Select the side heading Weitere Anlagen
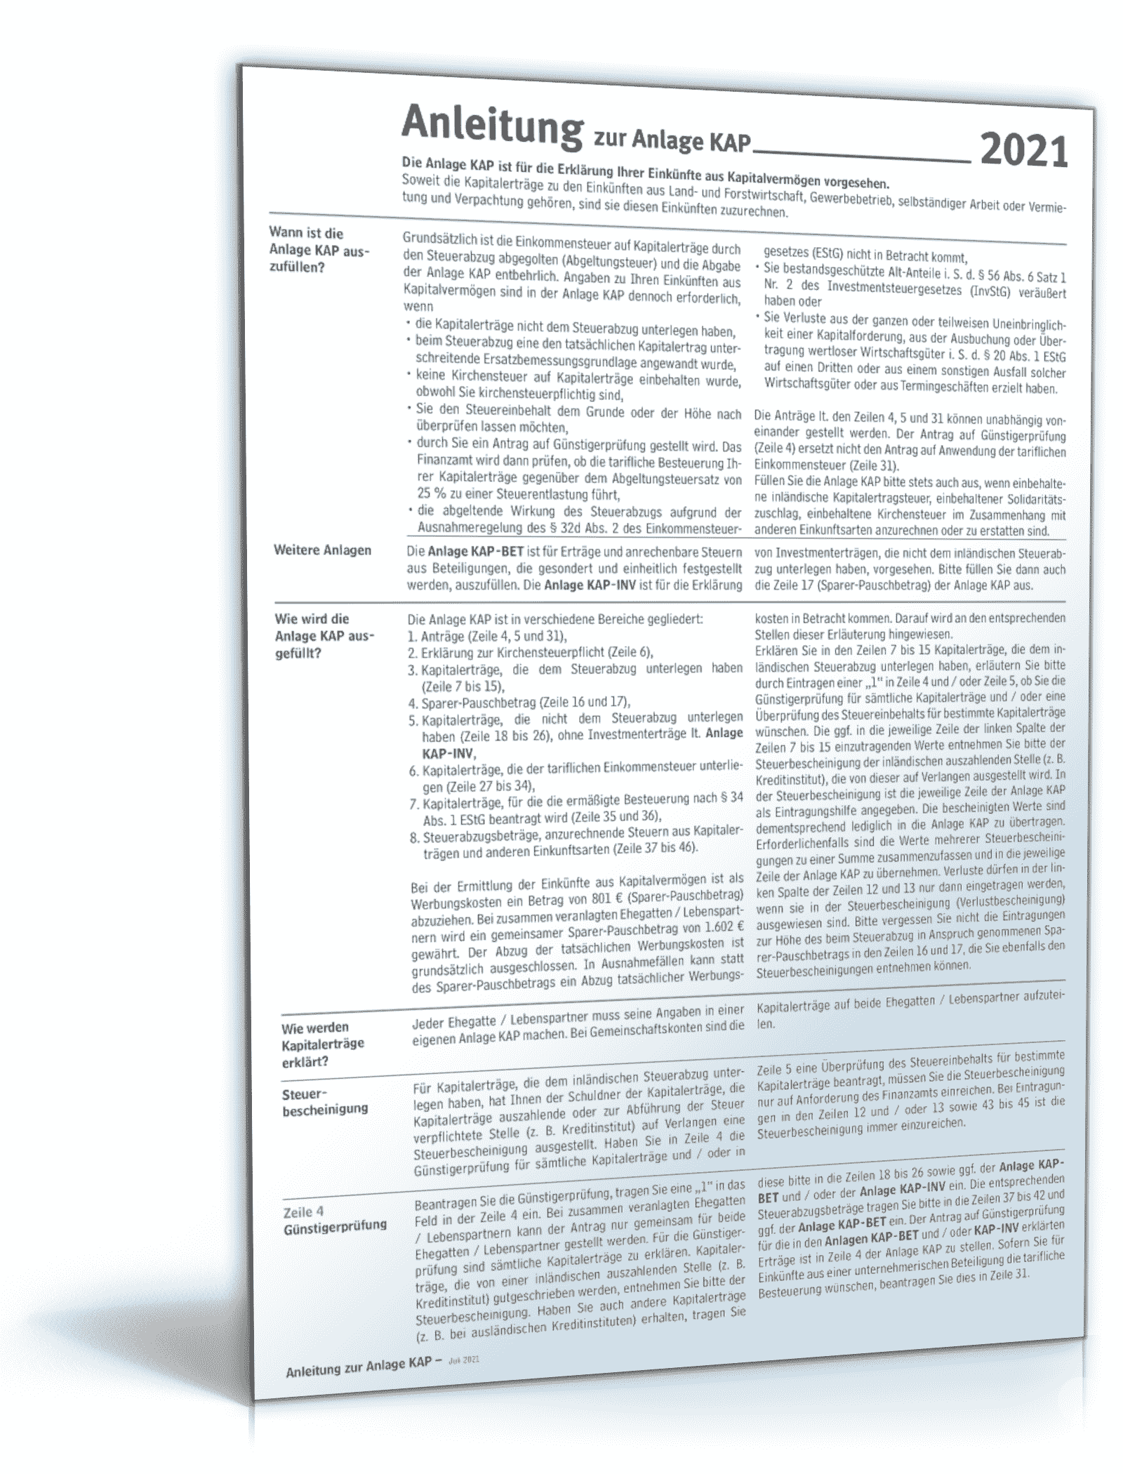coord(322,550)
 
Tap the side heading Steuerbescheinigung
coord(324,1101)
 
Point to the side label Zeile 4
coord(303,1212)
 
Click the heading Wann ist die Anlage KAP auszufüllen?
coord(319,249)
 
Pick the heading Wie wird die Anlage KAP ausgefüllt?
coord(324,636)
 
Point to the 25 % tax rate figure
coord(430,496)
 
